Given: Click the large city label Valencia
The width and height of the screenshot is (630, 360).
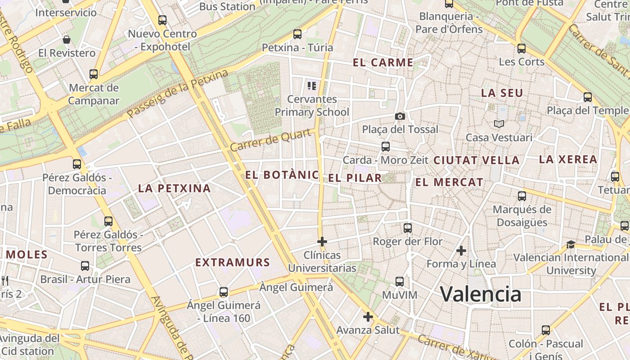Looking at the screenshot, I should point(481,294).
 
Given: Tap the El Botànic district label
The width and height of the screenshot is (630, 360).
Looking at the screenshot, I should point(282,175).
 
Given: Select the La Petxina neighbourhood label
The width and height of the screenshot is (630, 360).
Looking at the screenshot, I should point(175,188).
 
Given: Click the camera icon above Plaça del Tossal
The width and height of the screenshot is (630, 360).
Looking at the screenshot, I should point(400,117).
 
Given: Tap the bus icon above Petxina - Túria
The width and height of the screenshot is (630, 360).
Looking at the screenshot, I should point(297,34).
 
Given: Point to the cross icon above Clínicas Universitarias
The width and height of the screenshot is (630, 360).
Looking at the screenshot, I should point(322,242).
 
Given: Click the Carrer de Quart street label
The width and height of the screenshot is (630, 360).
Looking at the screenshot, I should point(271,140).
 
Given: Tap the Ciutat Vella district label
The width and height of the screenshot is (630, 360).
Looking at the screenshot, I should point(477,160).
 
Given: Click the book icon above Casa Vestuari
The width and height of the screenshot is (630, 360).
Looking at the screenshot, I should point(499,124).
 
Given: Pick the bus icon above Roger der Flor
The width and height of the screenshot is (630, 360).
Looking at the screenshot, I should point(408,228).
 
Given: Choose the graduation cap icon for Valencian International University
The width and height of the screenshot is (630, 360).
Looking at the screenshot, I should point(571,244).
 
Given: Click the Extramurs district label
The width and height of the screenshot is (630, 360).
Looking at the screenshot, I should point(233,262).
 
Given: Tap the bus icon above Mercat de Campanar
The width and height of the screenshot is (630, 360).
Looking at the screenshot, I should point(94,74).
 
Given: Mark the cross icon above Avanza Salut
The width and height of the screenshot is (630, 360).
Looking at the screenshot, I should point(368,317).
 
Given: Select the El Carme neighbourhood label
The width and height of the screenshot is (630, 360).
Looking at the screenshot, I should point(383,63).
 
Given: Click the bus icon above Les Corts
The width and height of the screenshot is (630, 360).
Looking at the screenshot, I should point(522,49).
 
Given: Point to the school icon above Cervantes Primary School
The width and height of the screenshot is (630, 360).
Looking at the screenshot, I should point(311,85).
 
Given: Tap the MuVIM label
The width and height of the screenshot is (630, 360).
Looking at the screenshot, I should point(400,295).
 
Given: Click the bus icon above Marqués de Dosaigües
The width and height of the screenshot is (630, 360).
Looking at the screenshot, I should point(522,196).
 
